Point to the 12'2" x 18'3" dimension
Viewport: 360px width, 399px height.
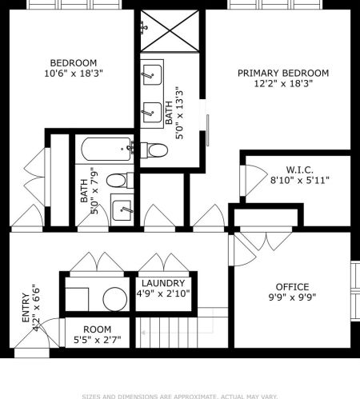pos(283,83)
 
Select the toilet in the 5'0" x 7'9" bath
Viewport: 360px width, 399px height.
pos(117,180)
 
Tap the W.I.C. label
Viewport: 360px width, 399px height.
pos(299,170)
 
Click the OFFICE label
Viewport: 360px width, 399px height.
pos(292,287)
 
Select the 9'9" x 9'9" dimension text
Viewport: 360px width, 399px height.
pos(292,298)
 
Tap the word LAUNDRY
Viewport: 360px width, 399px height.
pos(163,284)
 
